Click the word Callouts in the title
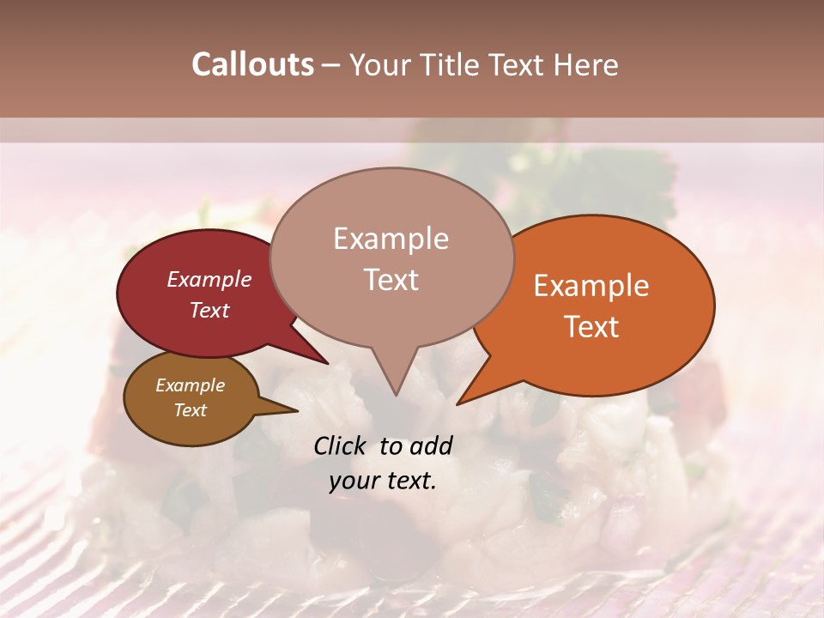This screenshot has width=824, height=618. click(x=252, y=64)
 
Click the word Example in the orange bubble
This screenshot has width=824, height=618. click(x=591, y=286)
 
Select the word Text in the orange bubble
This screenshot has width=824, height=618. click(x=591, y=327)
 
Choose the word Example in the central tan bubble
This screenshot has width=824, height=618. click(x=391, y=239)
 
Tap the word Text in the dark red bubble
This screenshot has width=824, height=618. click(x=209, y=310)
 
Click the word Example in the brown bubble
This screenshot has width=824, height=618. click(x=190, y=385)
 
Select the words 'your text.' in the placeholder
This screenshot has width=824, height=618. click(x=383, y=482)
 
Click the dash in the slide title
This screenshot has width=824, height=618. click(x=331, y=65)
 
